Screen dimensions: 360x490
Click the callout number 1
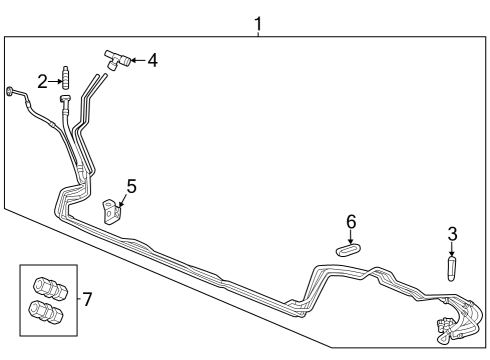coord(258,21)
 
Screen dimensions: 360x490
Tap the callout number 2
coord(43,82)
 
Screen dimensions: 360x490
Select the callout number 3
coord(452,234)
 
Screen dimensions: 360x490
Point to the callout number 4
coord(152,61)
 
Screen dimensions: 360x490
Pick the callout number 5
coord(131,185)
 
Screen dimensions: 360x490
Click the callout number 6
coord(351,221)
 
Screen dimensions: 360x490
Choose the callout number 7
coord(87,298)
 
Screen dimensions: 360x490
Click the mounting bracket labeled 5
coord(115,209)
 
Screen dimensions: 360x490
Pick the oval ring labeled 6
coord(347,250)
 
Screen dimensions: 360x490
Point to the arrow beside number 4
coord(135,61)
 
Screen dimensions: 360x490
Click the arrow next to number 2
coord(56,81)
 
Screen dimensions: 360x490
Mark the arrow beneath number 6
coord(350,236)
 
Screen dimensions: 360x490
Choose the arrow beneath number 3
coord(452,250)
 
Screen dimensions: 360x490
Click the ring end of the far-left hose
coord(11,92)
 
